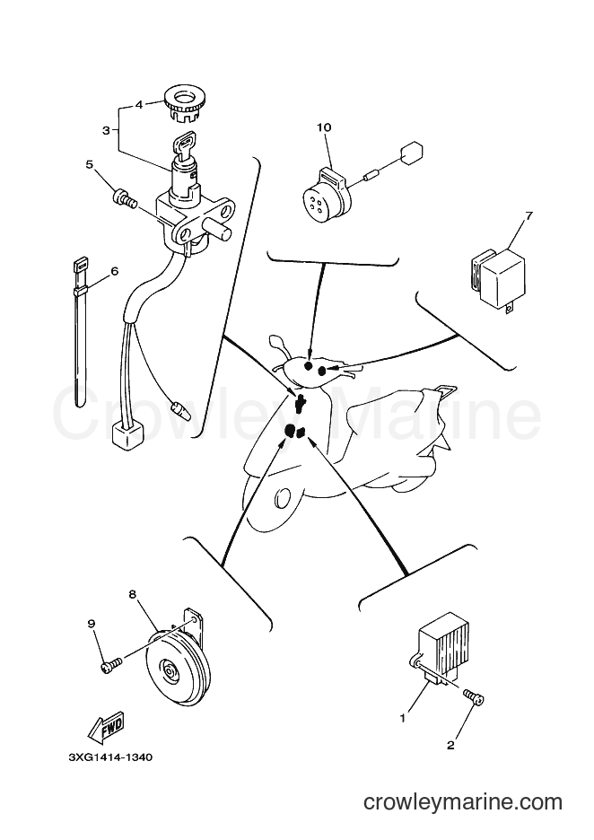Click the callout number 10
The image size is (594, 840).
coord(324,127)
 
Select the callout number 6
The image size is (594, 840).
coord(114,272)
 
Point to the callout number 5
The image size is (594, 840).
coord(90,165)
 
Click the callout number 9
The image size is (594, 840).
coord(91,624)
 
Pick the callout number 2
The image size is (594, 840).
coord(450,745)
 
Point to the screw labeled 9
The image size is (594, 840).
coord(111,664)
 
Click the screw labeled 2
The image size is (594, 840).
coord(474,698)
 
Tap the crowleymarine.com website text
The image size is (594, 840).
coord(463,802)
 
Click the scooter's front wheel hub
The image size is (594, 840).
coord(281,498)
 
